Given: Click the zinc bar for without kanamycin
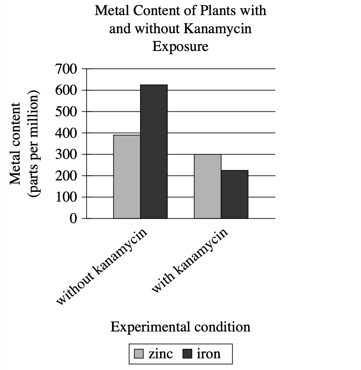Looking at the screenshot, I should pyautogui.click(x=127, y=177).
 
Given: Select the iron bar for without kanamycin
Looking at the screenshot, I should pyautogui.click(x=154, y=151).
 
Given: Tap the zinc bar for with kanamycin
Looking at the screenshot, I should pyautogui.click(x=208, y=186).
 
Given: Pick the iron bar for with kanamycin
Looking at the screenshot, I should pyautogui.click(x=234, y=194).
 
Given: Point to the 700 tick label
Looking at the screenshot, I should pyautogui.click(x=66, y=69).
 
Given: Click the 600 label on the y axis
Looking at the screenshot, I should pyautogui.click(x=66, y=91).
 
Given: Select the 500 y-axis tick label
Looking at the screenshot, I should pyautogui.click(x=66, y=112).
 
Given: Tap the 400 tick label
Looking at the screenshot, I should pyautogui.click(x=66, y=133).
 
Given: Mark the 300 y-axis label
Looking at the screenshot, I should pyautogui.click(x=66, y=154).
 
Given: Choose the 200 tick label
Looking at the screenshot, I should pyautogui.click(x=66, y=176).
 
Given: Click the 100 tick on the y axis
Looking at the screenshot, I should pyautogui.click(x=66, y=197).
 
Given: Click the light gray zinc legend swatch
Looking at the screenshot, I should pyautogui.click(x=139, y=354).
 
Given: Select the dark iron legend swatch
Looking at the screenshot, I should pyautogui.click(x=188, y=354).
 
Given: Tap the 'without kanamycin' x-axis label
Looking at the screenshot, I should pyautogui.click(x=102, y=266).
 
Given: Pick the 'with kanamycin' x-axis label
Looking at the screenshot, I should pyautogui.click(x=190, y=261).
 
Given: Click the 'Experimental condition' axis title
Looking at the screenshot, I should pyautogui.click(x=180, y=326).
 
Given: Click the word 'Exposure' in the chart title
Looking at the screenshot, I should pyautogui.click(x=180, y=47).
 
